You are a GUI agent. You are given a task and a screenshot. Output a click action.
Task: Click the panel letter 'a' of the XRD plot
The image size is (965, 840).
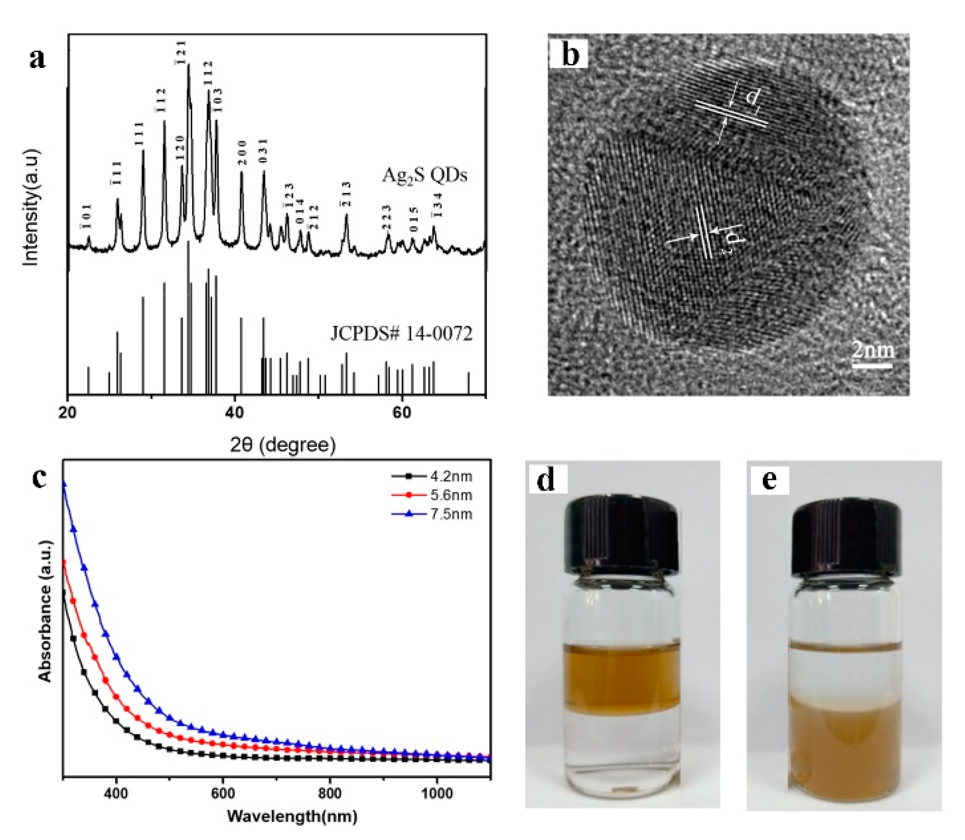tap(37, 59)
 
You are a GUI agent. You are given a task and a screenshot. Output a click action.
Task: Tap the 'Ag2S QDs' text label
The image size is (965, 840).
tap(424, 175)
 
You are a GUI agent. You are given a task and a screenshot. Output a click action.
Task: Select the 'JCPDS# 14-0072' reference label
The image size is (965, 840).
tap(401, 334)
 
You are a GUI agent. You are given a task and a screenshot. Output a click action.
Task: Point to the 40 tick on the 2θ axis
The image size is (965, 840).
tap(234, 413)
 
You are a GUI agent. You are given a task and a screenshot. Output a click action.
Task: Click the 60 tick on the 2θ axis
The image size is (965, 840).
tap(402, 413)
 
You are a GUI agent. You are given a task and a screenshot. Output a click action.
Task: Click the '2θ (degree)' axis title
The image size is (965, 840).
tap(283, 445)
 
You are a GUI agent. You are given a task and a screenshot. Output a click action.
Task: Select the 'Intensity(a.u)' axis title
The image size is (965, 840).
tap(31, 208)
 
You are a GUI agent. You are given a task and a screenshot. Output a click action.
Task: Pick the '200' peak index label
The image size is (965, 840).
tap(242, 153)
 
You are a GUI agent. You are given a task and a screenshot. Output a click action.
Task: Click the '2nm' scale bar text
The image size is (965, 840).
tap(873, 350)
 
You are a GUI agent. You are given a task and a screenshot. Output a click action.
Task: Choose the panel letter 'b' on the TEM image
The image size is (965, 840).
tap(570, 54)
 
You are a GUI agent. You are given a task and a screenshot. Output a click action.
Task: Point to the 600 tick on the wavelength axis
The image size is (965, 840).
tap(223, 794)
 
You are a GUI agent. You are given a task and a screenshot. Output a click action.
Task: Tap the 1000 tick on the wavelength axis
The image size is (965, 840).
tap(437, 794)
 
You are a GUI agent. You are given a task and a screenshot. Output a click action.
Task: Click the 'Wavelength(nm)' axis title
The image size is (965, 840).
tap(292, 816)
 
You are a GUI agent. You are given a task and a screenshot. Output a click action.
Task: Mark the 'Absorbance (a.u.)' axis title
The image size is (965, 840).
tap(45, 611)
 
